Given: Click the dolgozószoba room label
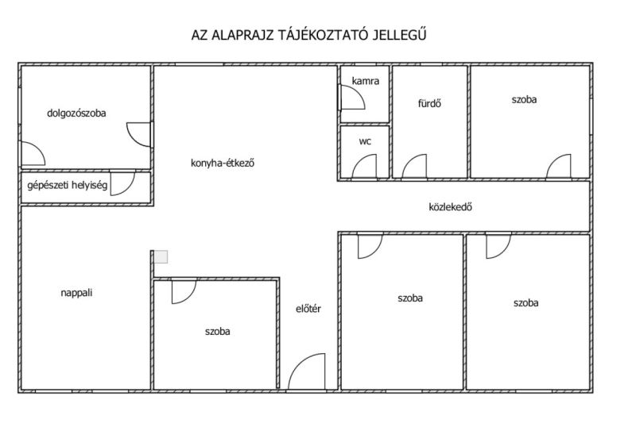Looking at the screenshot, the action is coord(76,113).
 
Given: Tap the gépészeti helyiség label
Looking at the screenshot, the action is coord(68,186).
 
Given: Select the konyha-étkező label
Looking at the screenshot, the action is coord(223,163).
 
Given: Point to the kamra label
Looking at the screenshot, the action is coord(366,81).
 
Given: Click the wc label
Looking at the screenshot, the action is coord(365,141).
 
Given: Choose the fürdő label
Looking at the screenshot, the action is coord(429,103).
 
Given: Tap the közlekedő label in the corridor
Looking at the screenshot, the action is coord(450,207).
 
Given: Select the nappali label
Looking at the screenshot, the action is coord(76,293).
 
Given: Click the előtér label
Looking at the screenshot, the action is coord(308,309).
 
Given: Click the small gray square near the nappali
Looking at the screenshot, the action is coord(161,257).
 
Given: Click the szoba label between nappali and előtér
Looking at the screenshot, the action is coord(217,332).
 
